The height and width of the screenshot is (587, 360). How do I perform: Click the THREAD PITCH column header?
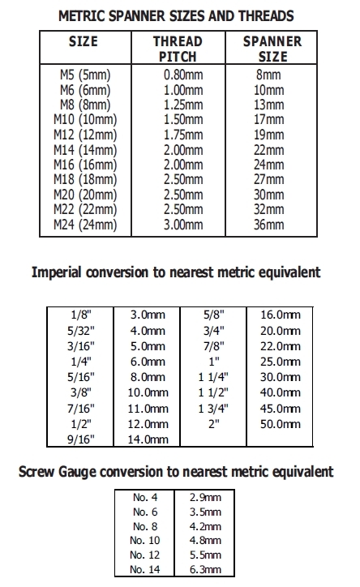[x=178, y=49]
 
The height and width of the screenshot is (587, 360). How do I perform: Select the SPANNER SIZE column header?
[x=272, y=49]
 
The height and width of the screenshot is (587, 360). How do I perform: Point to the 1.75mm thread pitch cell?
[x=182, y=134]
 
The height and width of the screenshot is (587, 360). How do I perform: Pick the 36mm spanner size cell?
[x=269, y=224]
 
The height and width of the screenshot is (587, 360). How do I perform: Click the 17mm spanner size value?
[x=269, y=119]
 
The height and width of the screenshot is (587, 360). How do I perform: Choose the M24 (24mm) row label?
[x=85, y=224]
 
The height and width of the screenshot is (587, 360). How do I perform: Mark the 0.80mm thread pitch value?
[x=182, y=75]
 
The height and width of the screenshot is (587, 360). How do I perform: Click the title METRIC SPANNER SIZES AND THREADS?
[x=176, y=15]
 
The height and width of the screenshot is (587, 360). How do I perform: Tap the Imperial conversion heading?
[x=176, y=272]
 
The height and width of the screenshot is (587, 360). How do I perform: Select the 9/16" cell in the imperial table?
[x=84, y=439]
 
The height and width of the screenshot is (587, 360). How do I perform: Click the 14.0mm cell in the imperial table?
[x=149, y=439]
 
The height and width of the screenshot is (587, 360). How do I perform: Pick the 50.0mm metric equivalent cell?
[x=280, y=423]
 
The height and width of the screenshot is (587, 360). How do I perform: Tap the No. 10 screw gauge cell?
[x=146, y=539]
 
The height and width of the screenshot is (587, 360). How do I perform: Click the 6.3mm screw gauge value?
[x=204, y=570]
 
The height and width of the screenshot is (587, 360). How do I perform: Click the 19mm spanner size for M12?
[x=269, y=134]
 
